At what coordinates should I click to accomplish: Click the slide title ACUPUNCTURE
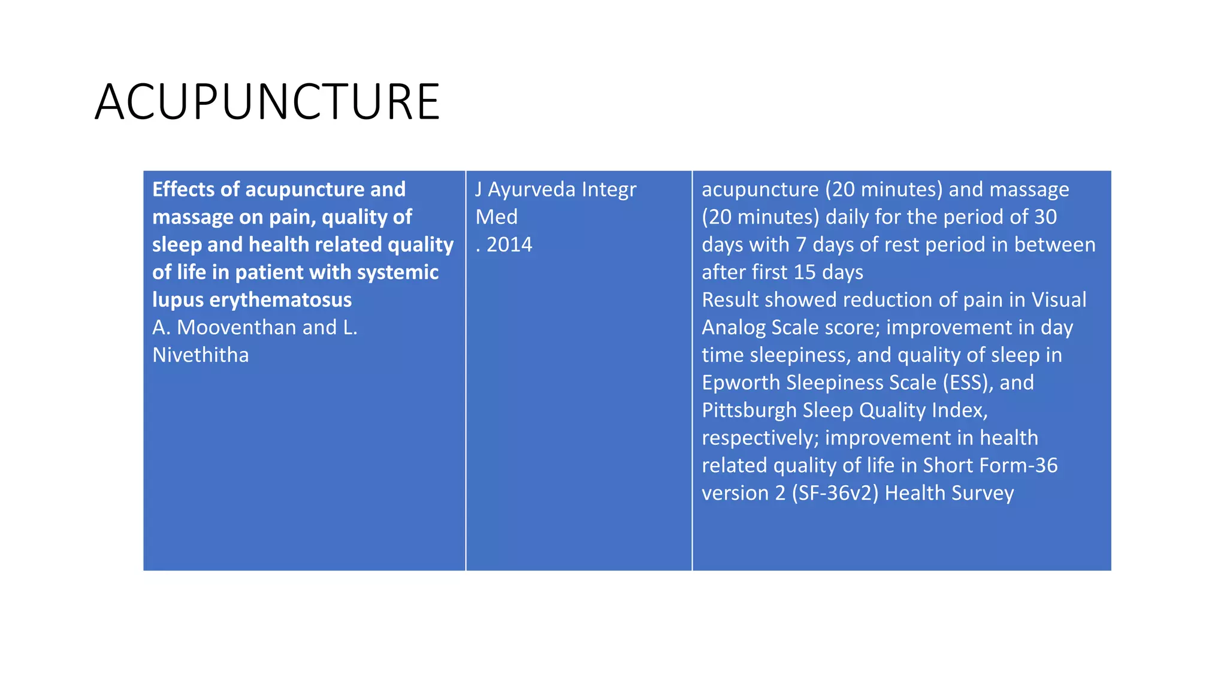(x=267, y=102)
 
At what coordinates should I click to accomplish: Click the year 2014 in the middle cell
(x=509, y=244)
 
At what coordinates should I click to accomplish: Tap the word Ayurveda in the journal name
(x=531, y=189)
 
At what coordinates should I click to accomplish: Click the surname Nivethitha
(x=200, y=355)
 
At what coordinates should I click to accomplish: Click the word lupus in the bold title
(x=178, y=299)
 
